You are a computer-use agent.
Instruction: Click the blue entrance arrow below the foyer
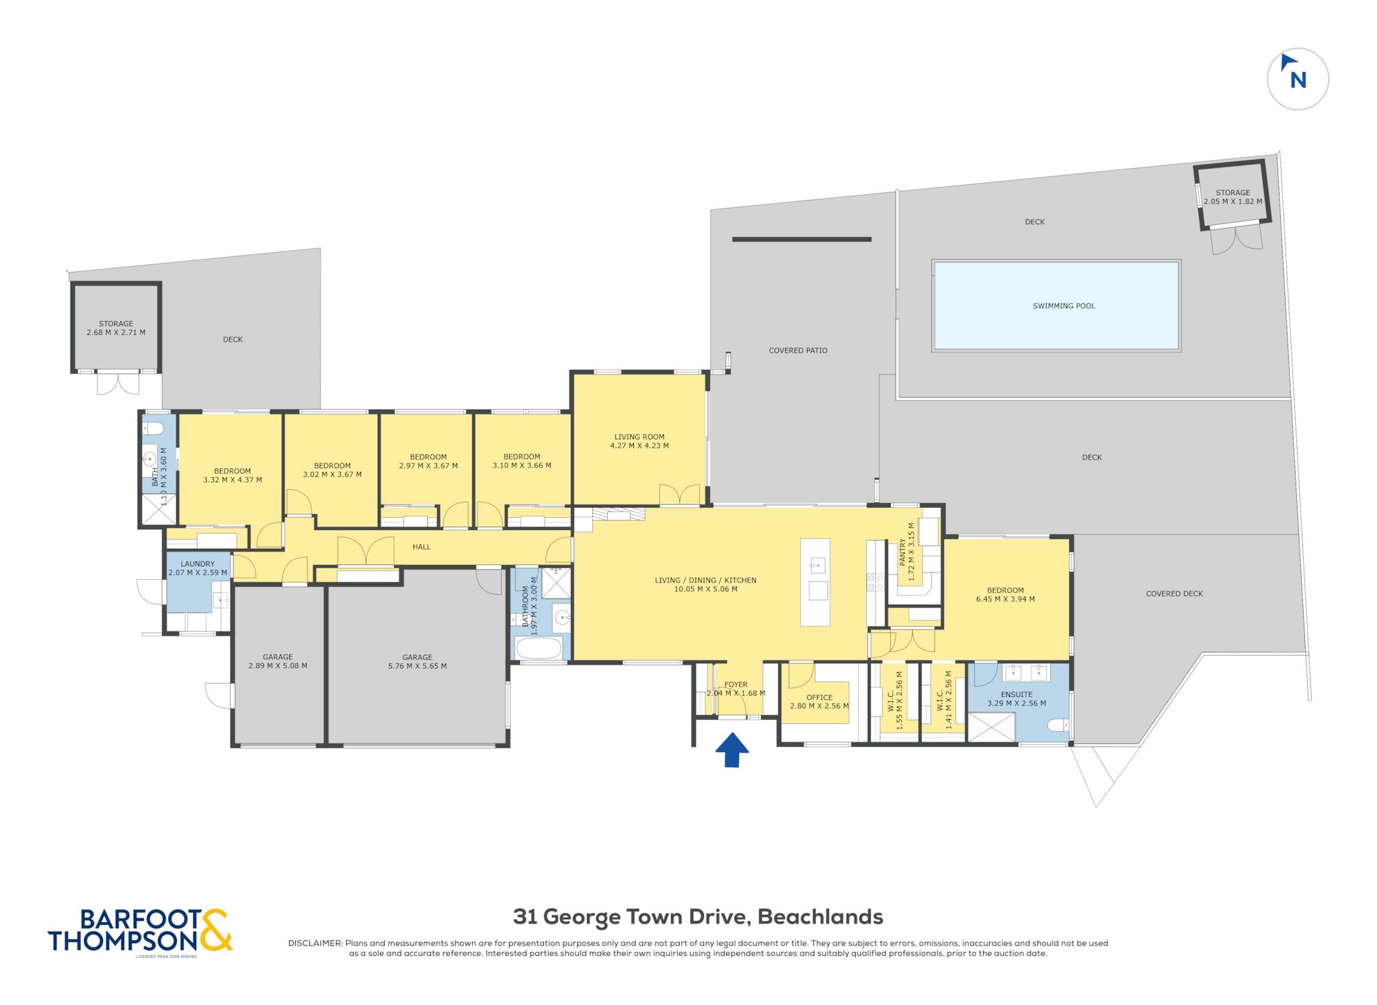tap(732, 749)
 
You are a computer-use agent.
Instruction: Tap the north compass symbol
tap(1297, 79)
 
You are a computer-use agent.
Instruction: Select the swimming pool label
tap(1064, 306)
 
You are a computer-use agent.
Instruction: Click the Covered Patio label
tap(798, 350)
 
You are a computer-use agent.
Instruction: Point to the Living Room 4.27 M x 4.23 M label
tap(639, 441)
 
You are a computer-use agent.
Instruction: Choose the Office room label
tap(819, 702)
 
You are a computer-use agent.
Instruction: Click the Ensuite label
tap(1016, 699)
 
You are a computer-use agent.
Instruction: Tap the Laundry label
tap(198, 568)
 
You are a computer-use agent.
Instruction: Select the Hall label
tap(422, 547)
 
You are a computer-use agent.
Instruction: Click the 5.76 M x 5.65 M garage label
tap(417, 662)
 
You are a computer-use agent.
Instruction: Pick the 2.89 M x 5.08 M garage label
tap(278, 661)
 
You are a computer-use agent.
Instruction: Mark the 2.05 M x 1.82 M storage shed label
tap(1232, 197)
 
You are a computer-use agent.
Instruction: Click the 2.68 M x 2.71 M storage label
tap(116, 328)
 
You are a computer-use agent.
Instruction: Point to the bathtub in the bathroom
tap(538, 648)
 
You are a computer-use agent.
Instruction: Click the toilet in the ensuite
tap(1058, 725)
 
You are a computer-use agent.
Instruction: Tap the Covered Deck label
tap(1174, 594)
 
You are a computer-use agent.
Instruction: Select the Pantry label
tap(907, 552)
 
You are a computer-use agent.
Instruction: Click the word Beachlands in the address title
tap(820, 917)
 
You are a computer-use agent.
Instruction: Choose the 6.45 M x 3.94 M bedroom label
tap(1005, 595)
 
